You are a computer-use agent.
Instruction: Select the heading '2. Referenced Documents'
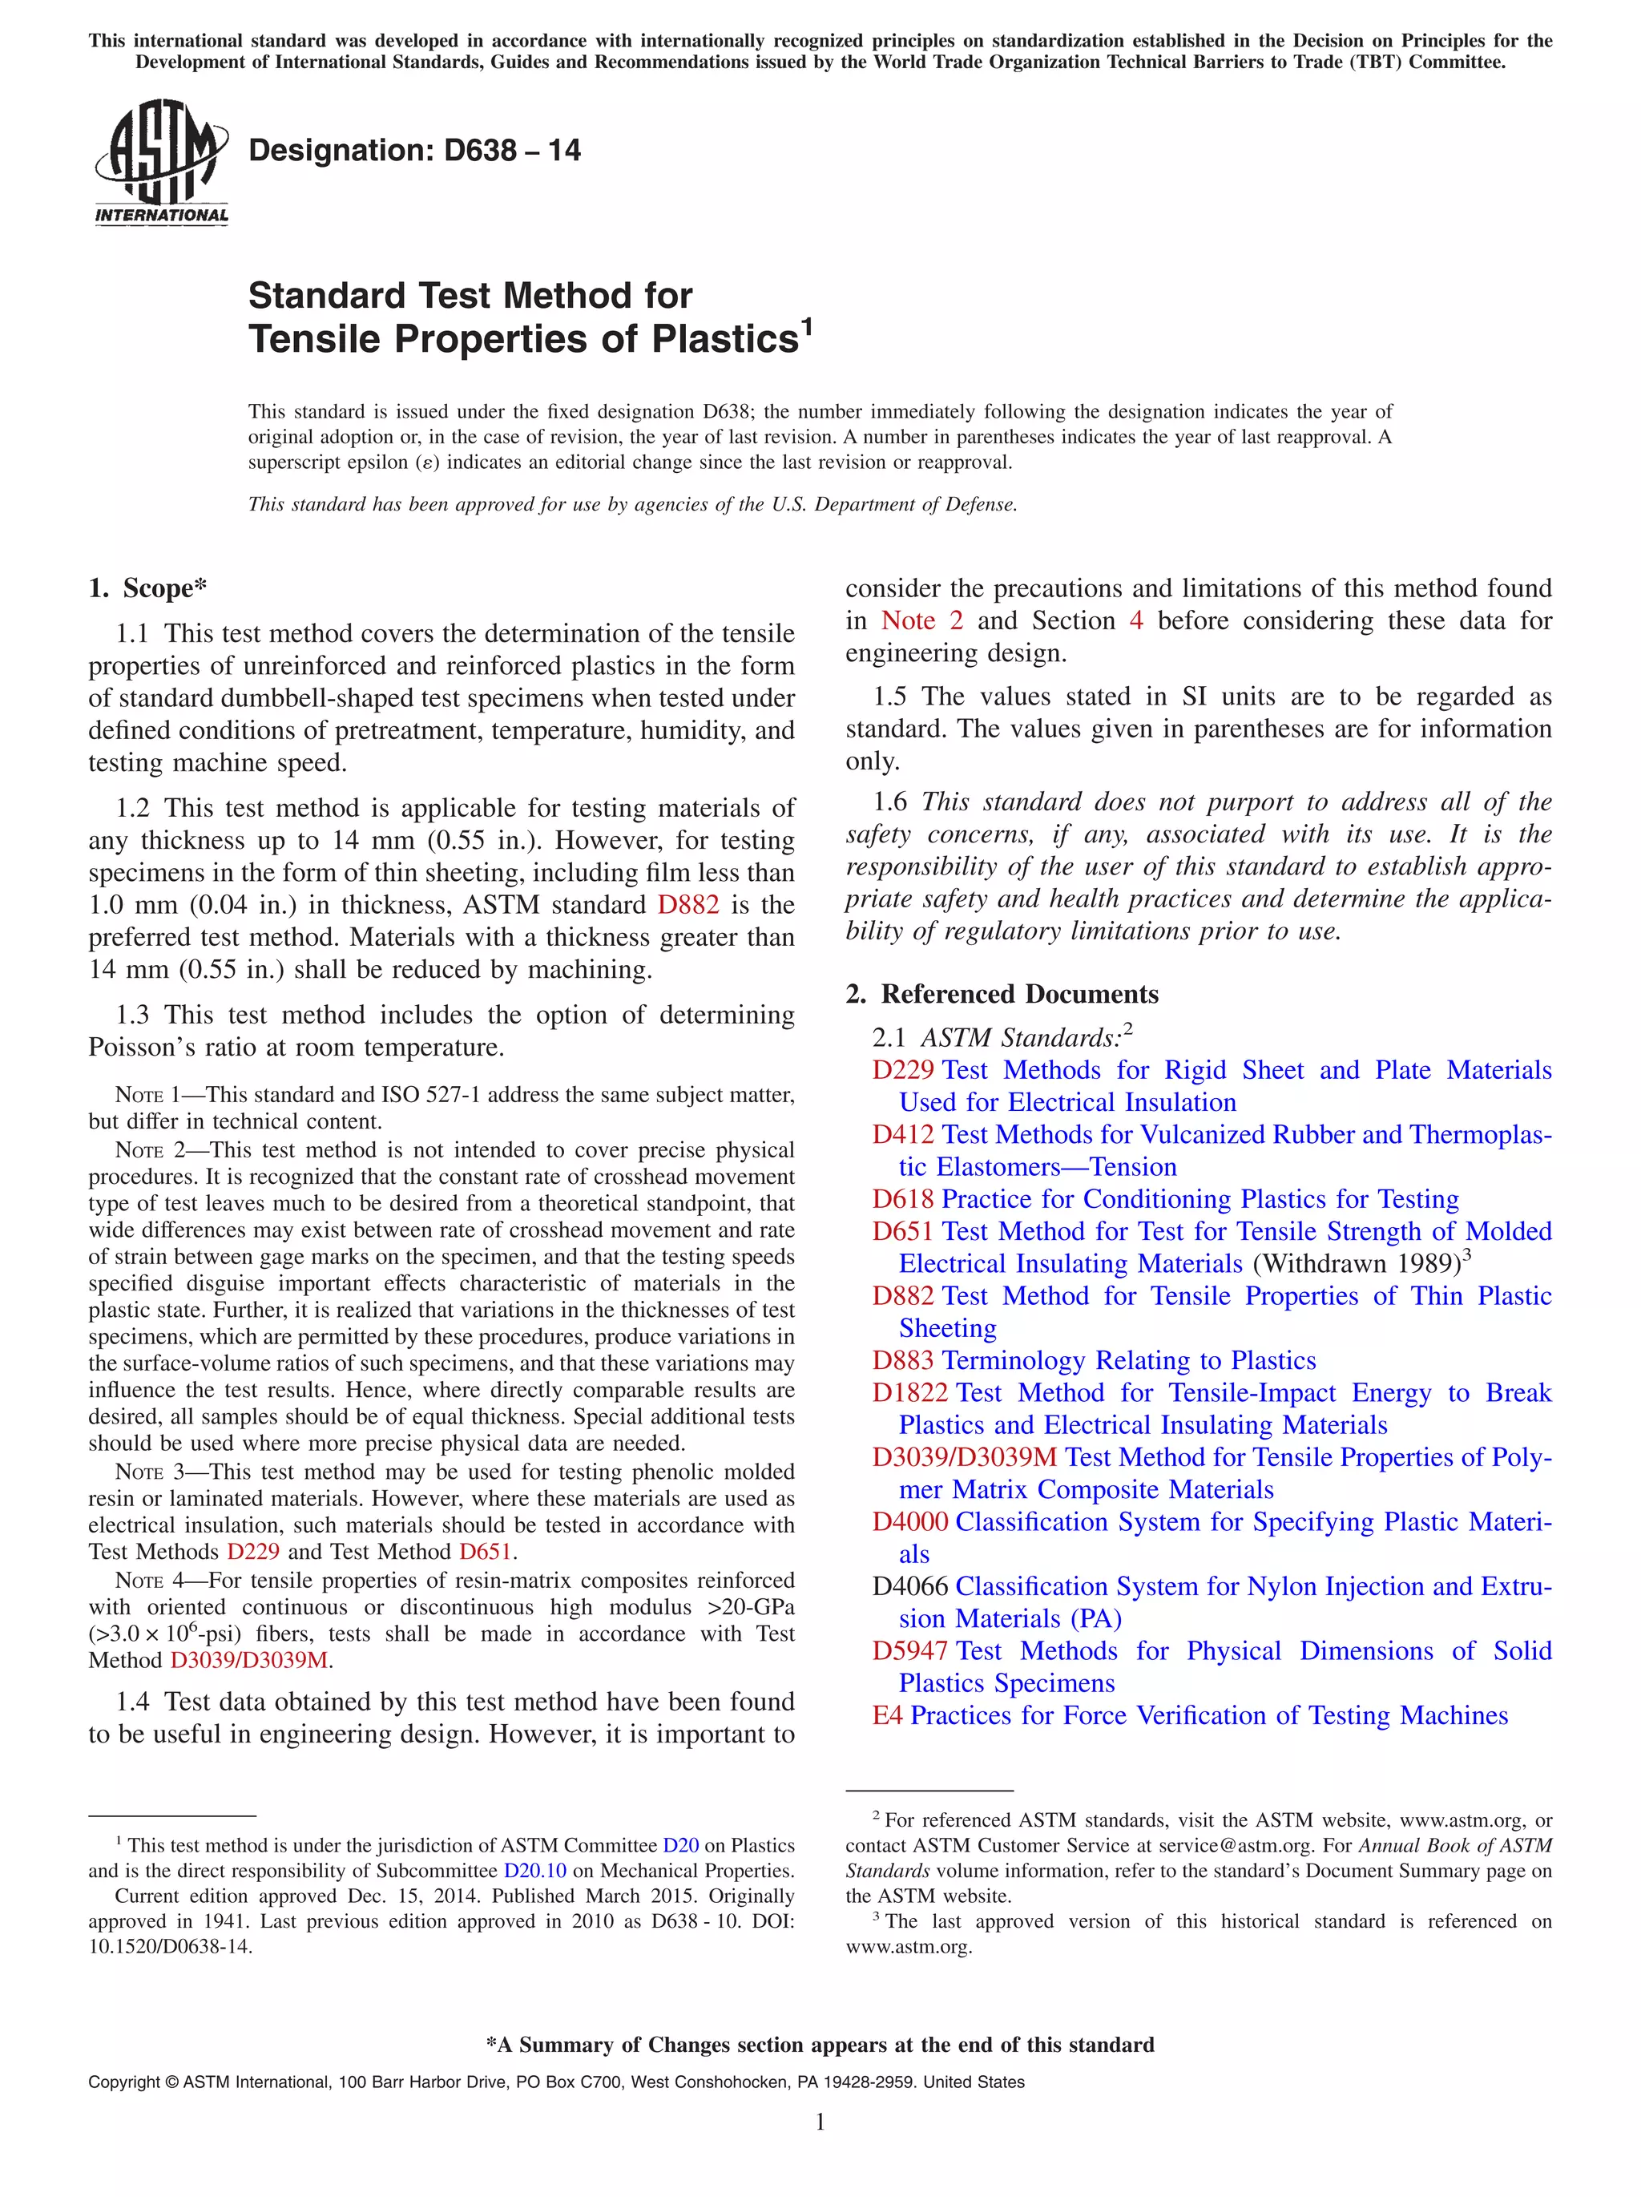[x=1002, y=994]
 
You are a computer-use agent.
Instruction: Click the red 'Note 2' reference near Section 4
[x=921, y=620]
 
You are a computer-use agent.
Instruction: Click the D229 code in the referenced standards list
[x=902, y=1070]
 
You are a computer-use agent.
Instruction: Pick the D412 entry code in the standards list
[x=902, y=1134]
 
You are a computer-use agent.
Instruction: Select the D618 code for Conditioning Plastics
[x=902, y=1199]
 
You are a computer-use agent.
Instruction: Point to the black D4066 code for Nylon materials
[x=909, y=1586]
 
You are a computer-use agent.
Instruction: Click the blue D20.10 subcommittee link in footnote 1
[x=534, y=1870]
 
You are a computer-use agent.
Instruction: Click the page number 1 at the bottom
[x=820, y=2122]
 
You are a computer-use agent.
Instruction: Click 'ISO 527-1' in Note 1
[x=429, y=1095]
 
